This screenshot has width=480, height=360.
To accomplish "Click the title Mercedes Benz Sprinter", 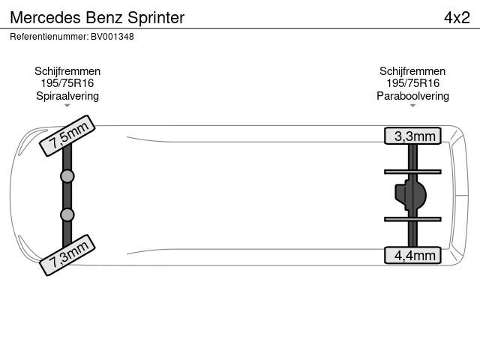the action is click(x=97, y=17).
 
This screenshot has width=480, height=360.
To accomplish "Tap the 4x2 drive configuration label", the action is click(x=457, y=17).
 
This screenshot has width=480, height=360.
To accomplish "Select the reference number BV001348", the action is click(x=112, y=37).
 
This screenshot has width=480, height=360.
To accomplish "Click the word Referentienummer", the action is click(x=49, y=37).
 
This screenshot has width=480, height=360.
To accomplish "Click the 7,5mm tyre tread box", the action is click(x=67, y=136).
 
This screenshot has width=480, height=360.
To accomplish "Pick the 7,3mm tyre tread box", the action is click(x=67, y=255).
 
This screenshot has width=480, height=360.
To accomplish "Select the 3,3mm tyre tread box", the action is click(x=412, y=136).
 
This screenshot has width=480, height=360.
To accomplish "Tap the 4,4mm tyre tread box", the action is click(x=412, y=255).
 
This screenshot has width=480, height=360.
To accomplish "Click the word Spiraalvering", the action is click(x=67, y=96).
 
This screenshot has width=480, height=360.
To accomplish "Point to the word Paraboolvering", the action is click(x=412, y=96).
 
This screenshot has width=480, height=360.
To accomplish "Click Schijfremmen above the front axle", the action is click(x=67, y=71).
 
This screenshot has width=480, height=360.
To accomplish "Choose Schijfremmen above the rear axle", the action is click(x=412, y=71).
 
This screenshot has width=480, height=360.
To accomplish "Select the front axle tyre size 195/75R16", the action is click(x=67, y=83).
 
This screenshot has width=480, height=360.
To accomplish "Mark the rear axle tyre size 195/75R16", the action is click(x=412, y=83).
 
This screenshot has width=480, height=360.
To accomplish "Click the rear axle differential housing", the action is click(x=410, y=195).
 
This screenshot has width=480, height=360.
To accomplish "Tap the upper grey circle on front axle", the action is click(x=67, y=176).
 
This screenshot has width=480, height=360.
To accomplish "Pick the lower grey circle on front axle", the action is click(x=67, y=215).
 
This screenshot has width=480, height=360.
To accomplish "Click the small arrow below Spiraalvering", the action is click(x=67, y=106).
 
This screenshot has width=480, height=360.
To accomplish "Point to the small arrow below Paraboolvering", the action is click(x=412, y=106).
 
